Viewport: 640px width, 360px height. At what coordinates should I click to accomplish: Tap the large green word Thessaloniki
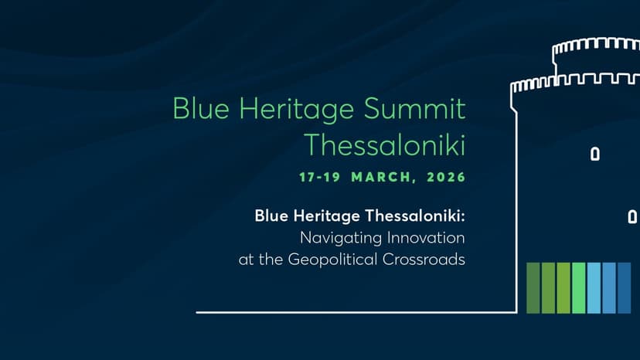[384, 144]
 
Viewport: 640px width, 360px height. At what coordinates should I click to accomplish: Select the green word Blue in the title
[197, 110]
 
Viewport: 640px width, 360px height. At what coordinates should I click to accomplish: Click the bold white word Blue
[270, 216]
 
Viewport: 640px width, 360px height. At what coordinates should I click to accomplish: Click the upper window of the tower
[594, 154]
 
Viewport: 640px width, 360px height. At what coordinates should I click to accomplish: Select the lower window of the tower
[632, 218]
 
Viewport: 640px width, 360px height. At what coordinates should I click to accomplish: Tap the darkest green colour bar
[533, 288]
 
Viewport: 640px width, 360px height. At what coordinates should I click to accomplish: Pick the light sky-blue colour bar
[594, 288]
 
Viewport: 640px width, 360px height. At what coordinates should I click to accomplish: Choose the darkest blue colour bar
[624, 288]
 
